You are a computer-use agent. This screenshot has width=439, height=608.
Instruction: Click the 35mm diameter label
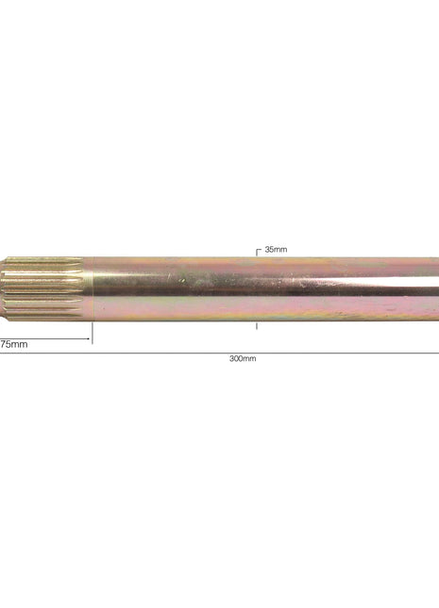point(275,249)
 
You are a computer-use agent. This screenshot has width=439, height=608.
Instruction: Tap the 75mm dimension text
point(13,344)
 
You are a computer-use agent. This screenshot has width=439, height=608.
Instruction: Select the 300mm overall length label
point(243,358)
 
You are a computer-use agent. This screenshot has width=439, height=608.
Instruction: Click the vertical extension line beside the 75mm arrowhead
point(92,333)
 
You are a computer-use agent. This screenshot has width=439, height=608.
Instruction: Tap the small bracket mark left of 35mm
point(259,252)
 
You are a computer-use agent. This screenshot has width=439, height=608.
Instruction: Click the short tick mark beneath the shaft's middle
point(257,325)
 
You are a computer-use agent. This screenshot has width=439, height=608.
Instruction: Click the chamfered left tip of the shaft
point(4,288)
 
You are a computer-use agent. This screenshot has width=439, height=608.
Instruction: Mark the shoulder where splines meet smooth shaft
point(89,288)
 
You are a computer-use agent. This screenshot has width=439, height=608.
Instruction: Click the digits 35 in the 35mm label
point(270,249)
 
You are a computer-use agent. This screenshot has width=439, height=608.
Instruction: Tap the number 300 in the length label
point(236,358)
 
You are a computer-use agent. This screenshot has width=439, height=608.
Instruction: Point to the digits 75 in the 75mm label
point(5,344)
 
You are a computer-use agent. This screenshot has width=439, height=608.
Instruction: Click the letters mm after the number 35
point(280,249)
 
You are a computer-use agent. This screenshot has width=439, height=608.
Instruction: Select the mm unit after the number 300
point(249,358)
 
